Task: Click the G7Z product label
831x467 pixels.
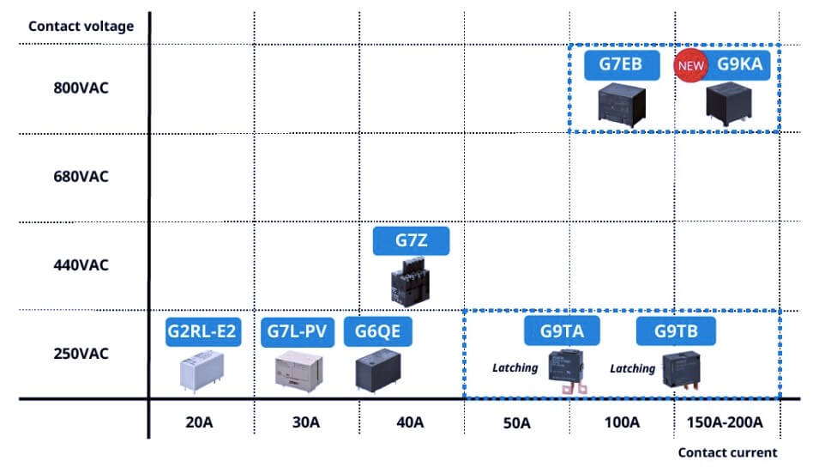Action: [x=411, y=241]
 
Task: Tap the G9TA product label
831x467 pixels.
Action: [x=563, y=331]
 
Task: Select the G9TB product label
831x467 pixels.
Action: [x=675, y=331]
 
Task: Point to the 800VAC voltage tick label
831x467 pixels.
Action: [x=81, y=88]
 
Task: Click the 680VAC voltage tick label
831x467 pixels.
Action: [x=81, y=177]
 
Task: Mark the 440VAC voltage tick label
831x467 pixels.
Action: [x=81, y=264]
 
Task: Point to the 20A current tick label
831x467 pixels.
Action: [x=202, y=422]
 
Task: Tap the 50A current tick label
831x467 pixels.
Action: [x=516, y=422]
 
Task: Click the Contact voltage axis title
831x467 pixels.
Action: [x=81, y=26]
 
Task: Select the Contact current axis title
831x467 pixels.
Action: [x=727, y=452]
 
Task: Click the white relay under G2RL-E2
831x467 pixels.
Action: [x=202, y=373]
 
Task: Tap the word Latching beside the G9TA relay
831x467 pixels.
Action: [x=515, y=367]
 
